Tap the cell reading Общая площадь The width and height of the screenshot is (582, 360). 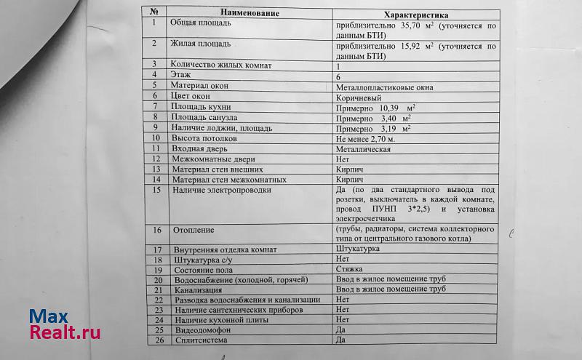pos(201,23)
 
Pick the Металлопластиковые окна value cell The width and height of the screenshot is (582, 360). pos(385,87)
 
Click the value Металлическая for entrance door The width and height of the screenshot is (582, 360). pos(364,149)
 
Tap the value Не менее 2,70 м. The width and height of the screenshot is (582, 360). pos(365,138)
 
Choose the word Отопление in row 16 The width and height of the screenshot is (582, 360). pos(194,231)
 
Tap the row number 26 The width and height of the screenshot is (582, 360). pos(156,340)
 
